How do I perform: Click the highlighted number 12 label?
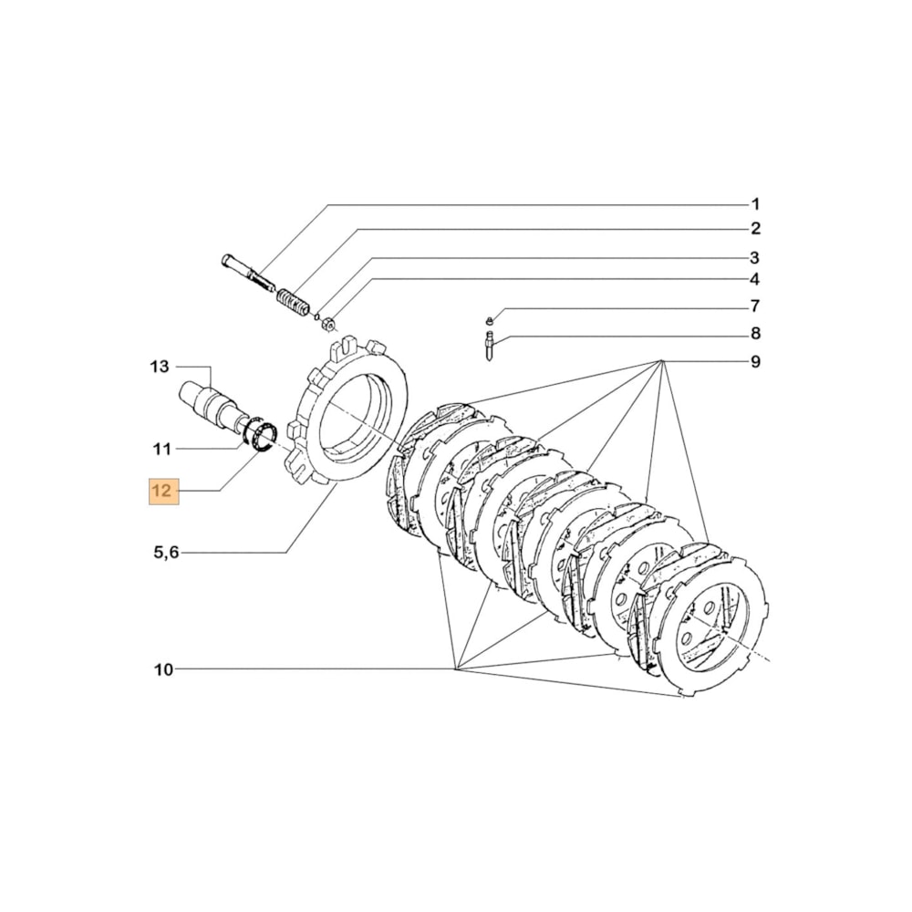pos(161,492)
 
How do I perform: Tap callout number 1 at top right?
pos(755,203)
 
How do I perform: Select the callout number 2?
pos(755,228)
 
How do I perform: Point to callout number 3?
pos(755,257)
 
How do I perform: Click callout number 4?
pos(755,279)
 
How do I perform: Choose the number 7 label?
pos(755,306)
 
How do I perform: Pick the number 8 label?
pos(755,334)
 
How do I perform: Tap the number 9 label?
pos(755,362)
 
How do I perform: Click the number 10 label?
pos(162,670)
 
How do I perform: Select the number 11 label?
pos(161,449)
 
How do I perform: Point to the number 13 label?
pos(160,367)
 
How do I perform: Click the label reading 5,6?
pos(165,552)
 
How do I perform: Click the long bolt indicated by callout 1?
pos(247,272)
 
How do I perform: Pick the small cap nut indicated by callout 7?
pos(490,320)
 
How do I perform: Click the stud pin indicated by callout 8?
pos(491,347)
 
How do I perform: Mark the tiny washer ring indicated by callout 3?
pos(316,315)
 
